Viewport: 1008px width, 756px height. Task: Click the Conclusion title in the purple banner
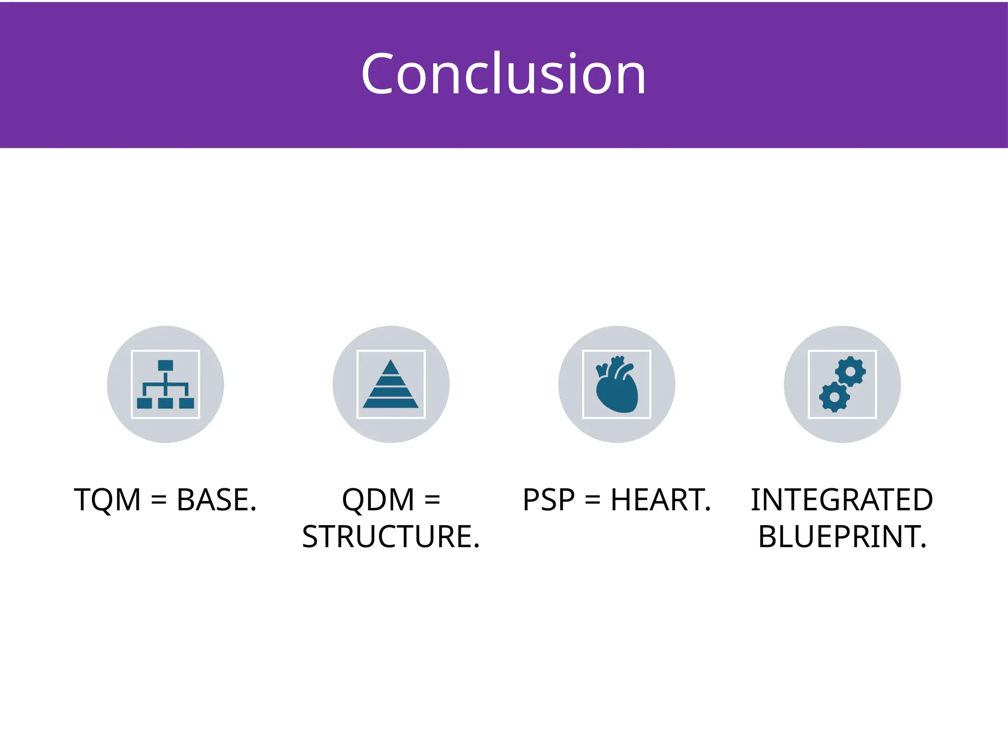[x=503, y=74]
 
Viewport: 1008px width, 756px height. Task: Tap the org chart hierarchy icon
[x=165, y=384]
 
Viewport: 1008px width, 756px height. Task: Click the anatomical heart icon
[x=617, y=385]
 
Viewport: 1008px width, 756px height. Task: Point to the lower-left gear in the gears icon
[x=834, y=397]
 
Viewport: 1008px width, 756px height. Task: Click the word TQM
[x=107, y=500]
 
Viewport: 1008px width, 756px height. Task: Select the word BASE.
[x=217, y=500]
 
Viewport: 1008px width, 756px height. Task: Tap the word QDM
[x=378, y=500]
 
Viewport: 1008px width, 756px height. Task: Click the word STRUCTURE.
[x=391, y=536]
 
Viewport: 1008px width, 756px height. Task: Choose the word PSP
[x=549, y=500]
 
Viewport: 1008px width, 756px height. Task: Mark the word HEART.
[x=661, y=500]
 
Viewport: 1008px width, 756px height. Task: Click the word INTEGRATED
[x=842, y=500]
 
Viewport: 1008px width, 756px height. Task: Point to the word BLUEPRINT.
[x=842, y=536]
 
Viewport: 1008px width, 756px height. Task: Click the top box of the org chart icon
[x=165, y=365]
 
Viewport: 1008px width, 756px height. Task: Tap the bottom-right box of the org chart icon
[x=187, y=403]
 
